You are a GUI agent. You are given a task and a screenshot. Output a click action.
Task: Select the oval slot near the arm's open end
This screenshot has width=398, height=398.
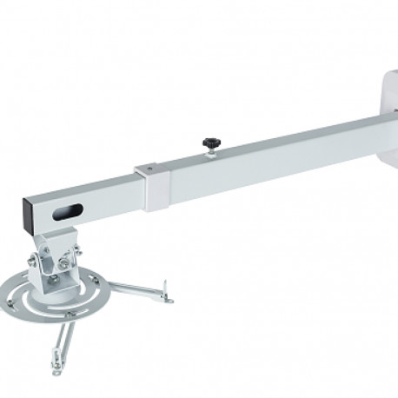click(x=68, y=211)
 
